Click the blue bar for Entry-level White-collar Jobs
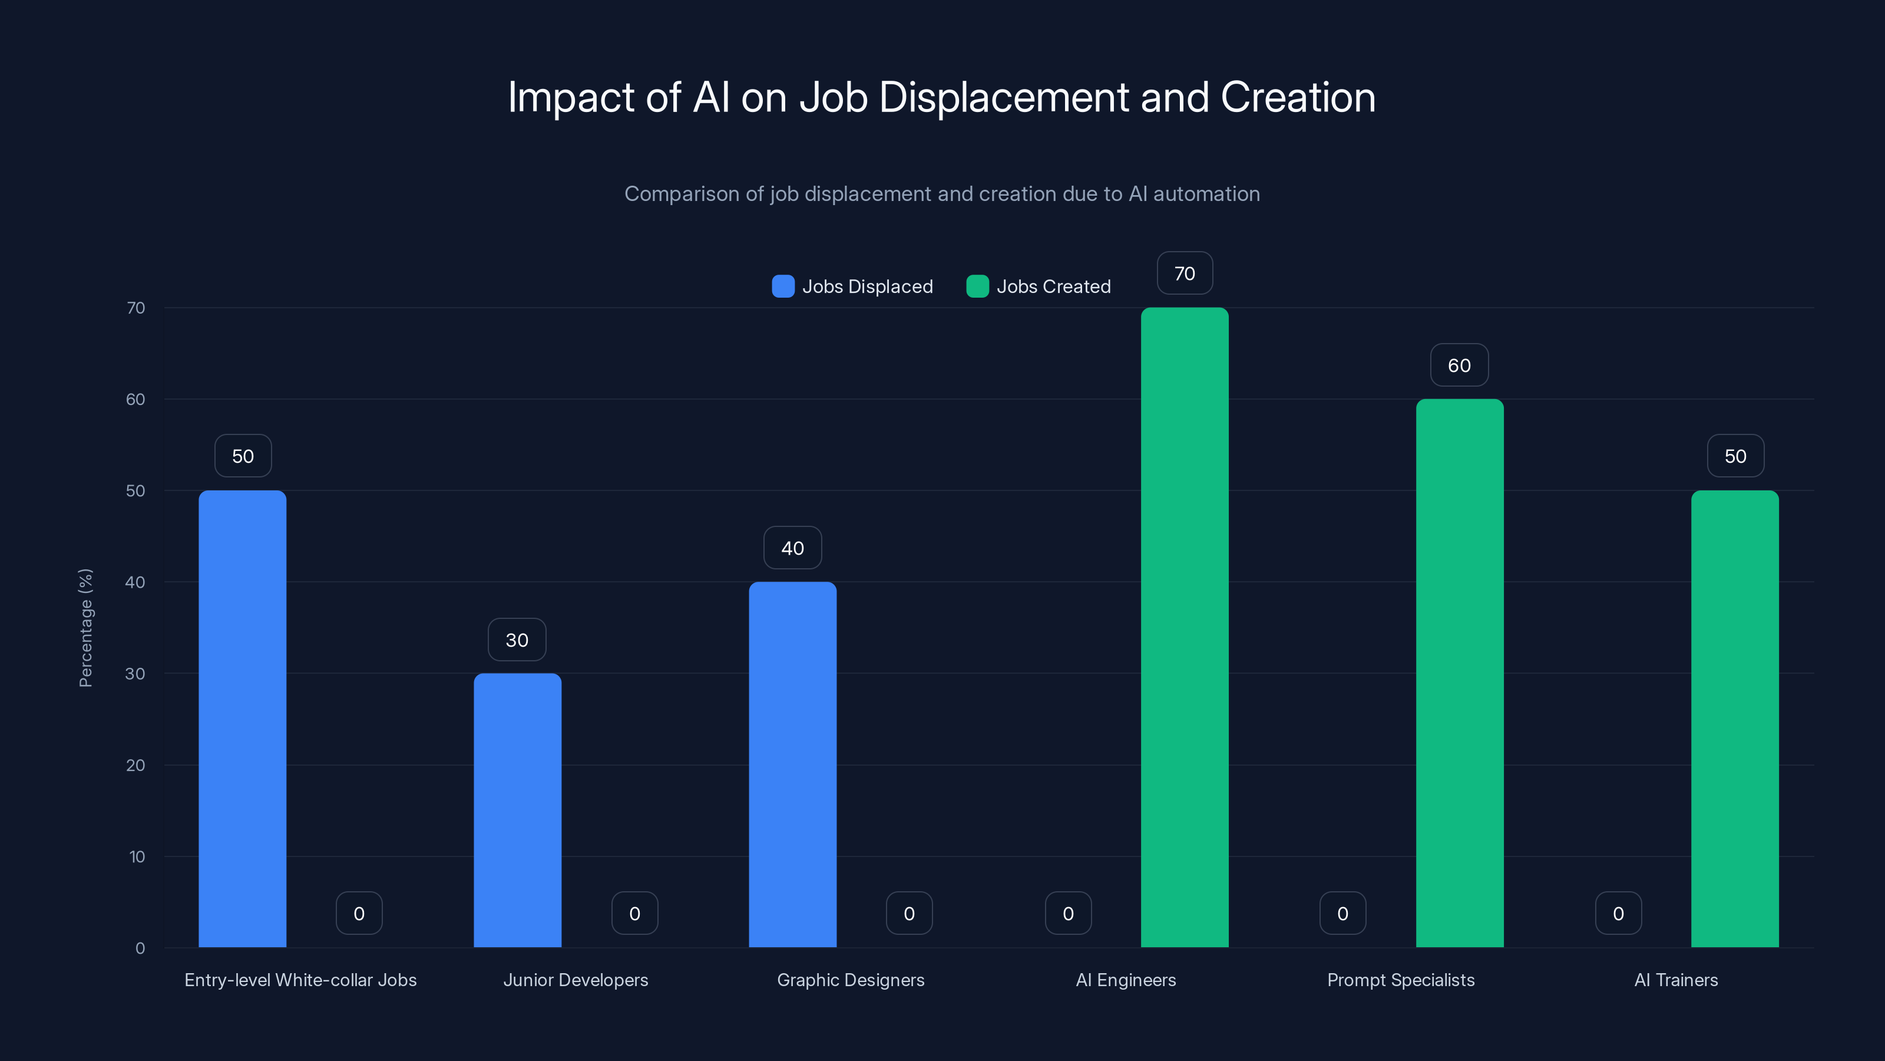(242, 717)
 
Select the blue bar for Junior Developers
(517, 809)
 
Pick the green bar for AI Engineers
(1184, 627)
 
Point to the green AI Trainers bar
(1734, 717)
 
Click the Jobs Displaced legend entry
(853, 286)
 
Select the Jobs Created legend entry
(1039, 286)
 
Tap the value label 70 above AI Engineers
(1184, 273)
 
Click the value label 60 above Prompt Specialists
(1459, 365)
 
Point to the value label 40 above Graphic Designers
(792, 548)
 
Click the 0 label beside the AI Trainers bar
(1618, 913)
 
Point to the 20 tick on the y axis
(135, 765)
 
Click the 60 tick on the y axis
(135, 399)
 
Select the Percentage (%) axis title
(85, 628)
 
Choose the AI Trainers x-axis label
(1676, 980)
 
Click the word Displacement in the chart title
(1003, 97)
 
